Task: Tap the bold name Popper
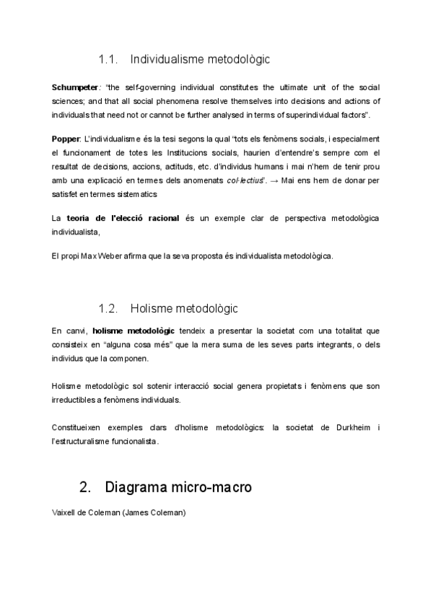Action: [x=66, y=139]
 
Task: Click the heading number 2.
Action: [x=85, y=488]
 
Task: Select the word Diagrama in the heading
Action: [x=135, y=488]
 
